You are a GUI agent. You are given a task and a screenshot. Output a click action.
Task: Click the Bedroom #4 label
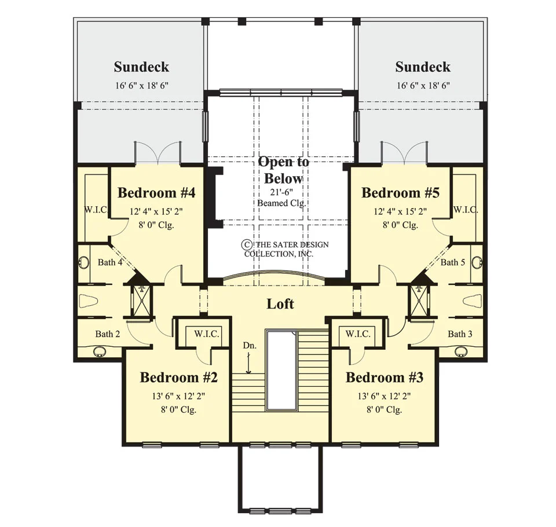pos(156,193)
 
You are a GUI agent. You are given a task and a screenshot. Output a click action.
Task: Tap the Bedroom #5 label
pos(400,193)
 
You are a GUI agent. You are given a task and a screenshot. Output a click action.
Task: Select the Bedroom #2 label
pos(179,378)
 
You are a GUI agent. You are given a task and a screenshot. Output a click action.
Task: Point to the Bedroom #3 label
pos(385,378)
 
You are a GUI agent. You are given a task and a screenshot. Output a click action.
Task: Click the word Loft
pos(280,304)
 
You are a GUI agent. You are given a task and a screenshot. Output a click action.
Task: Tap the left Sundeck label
pos(141,67)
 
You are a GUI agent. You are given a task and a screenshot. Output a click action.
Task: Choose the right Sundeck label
pos(423,67)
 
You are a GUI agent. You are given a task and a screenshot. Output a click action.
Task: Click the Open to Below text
pos(284,170)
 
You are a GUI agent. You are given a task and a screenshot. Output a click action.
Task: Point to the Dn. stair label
pos(250,345)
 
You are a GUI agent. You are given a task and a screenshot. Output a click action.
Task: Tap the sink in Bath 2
pos(100,352)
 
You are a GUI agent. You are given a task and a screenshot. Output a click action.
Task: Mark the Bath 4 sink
pos(84,263)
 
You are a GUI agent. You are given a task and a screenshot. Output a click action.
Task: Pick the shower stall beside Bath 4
pos(141,301)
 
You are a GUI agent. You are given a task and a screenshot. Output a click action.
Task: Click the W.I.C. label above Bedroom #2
pos(207,334)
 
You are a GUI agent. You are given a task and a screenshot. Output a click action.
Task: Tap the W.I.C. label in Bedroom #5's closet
pos(466,210)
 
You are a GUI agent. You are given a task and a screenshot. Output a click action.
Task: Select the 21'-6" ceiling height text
pos(282,192)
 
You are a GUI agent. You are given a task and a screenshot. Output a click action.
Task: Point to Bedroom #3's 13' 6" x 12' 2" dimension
pos(385,396)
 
